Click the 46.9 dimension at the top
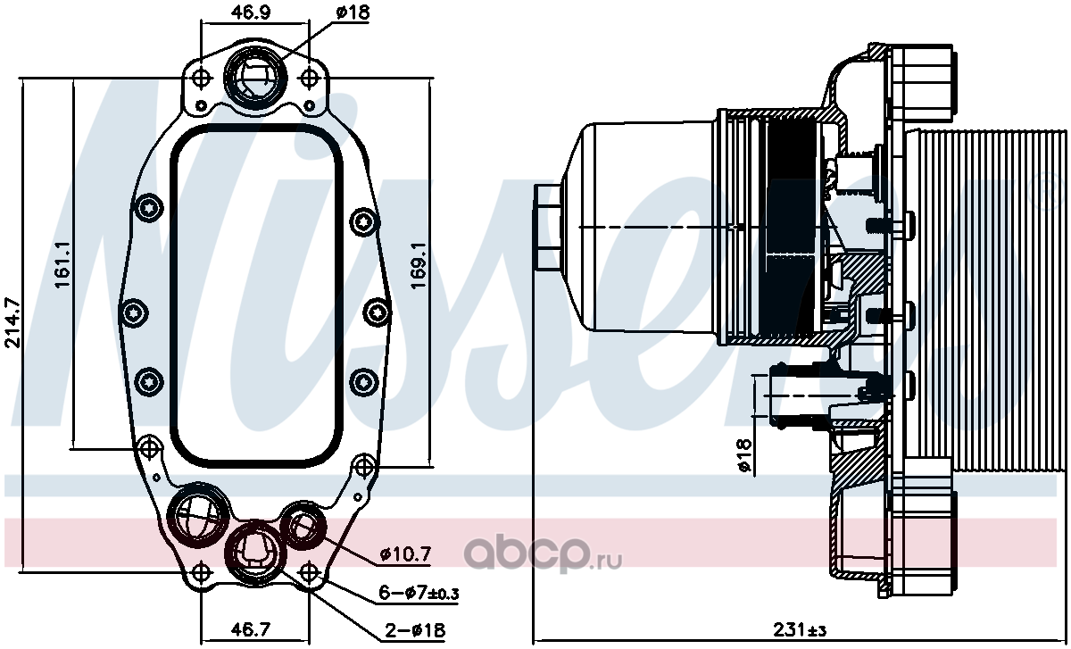251,12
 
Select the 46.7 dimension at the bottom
251,629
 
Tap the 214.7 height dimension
12,323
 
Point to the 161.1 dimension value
63,264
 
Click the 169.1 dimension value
419,266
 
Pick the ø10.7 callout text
405,554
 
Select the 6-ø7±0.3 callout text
419,593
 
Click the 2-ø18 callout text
415,630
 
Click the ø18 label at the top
353,12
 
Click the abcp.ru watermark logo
543,554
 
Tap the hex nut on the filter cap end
547,229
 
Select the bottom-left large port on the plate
196,516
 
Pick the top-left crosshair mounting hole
202,77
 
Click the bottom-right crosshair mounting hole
310,572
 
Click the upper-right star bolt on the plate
364,222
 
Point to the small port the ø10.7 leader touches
303,526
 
